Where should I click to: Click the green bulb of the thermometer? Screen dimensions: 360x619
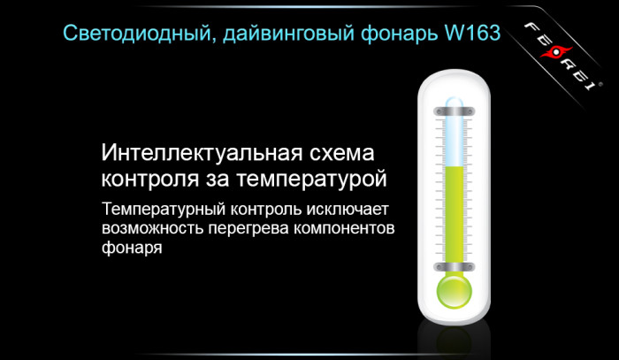point(454,288)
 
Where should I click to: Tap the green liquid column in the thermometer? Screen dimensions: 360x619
point(454,212)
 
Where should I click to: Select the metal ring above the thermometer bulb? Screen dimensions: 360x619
point(454,264)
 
